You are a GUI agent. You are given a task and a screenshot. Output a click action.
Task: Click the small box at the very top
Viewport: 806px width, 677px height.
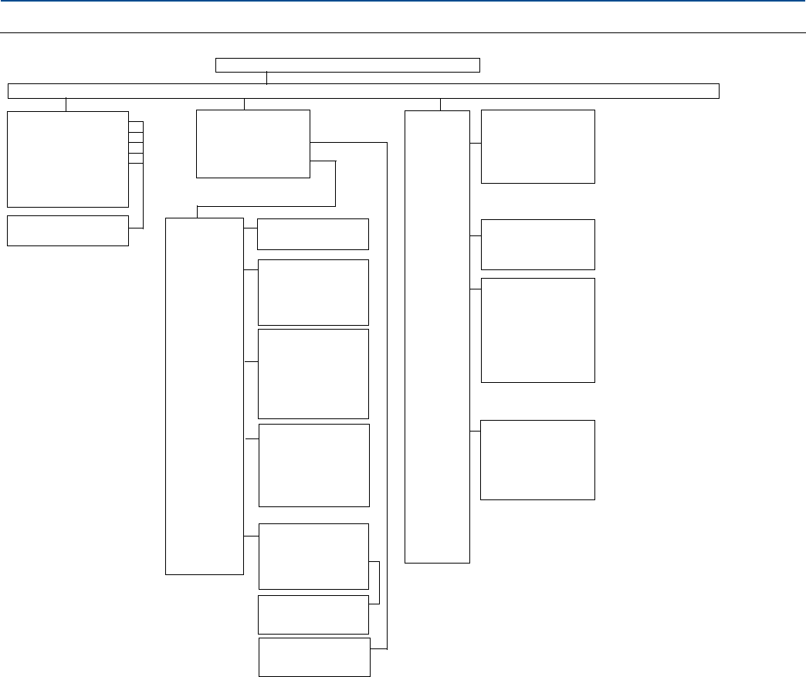[347, 65]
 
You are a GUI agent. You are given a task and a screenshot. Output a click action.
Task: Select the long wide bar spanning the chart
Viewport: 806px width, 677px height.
[363, 91]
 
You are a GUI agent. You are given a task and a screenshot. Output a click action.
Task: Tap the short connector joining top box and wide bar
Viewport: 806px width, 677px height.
[266, 78]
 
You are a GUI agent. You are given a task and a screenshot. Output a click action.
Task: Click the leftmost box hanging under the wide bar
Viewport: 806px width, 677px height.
[68, 159]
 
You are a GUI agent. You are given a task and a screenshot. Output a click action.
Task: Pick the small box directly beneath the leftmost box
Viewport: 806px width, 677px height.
[68, 230]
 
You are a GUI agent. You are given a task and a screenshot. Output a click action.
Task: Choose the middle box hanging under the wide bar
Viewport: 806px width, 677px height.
[253, 144]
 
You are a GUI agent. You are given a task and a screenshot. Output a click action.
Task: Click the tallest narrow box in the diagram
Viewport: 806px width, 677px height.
[437, 337]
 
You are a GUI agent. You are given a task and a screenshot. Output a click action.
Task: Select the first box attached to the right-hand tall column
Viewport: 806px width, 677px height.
[537, 147]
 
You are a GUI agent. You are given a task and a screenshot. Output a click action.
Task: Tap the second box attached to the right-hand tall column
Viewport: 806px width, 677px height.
[537, 244]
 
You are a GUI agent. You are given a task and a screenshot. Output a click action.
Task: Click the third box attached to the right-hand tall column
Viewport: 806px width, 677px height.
[537, 330]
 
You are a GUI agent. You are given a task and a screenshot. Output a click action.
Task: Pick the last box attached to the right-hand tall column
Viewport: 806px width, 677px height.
[537, 459]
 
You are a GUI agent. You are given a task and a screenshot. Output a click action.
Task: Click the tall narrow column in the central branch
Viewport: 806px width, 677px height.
[205, 396]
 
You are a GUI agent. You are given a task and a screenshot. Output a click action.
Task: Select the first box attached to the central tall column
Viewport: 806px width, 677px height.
[313, 234]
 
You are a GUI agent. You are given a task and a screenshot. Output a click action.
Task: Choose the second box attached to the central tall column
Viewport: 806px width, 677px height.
[313, 293]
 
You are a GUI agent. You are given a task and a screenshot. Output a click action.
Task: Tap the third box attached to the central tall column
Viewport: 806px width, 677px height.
[313, 374]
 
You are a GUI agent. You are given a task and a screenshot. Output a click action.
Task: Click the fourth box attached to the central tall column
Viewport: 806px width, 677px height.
[313, 465]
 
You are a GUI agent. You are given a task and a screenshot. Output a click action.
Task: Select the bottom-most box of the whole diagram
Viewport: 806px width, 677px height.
[313, 657]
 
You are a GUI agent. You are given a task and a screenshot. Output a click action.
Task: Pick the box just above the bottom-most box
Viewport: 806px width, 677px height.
[313, 614]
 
